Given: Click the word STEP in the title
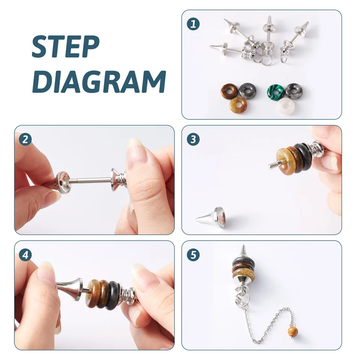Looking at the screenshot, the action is click(66, 46).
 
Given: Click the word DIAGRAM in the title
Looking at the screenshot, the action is click(99, 81).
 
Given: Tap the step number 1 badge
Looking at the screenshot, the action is click(193, 24).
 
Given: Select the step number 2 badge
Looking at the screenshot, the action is click(25, 139).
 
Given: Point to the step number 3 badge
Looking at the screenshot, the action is click(193, 139).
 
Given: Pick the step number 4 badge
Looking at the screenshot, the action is click(25, 255).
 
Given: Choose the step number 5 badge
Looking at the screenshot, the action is click(193, 255).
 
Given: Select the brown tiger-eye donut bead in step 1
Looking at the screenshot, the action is click(229, 91).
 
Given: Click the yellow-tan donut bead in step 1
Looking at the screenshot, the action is click(238, 105).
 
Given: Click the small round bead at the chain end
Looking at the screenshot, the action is click(293, 331).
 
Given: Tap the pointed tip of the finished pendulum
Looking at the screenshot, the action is click(244, 245).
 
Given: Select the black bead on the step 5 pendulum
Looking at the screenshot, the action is click(243, 261).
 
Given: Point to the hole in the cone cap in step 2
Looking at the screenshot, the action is click(61, 183).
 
